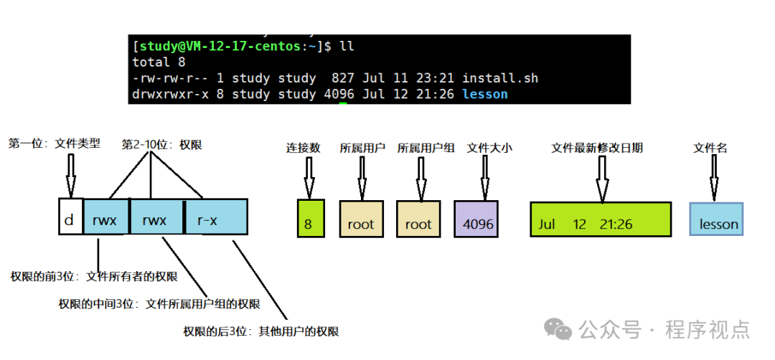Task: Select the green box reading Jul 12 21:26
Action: point(601,219)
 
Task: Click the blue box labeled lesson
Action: point(716,219)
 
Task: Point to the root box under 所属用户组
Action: point(418,219)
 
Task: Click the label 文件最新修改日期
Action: point(597,148)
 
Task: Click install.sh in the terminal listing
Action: point(500,78)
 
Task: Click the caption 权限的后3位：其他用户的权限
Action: point(261,331)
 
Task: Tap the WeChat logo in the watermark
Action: point(558,329)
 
